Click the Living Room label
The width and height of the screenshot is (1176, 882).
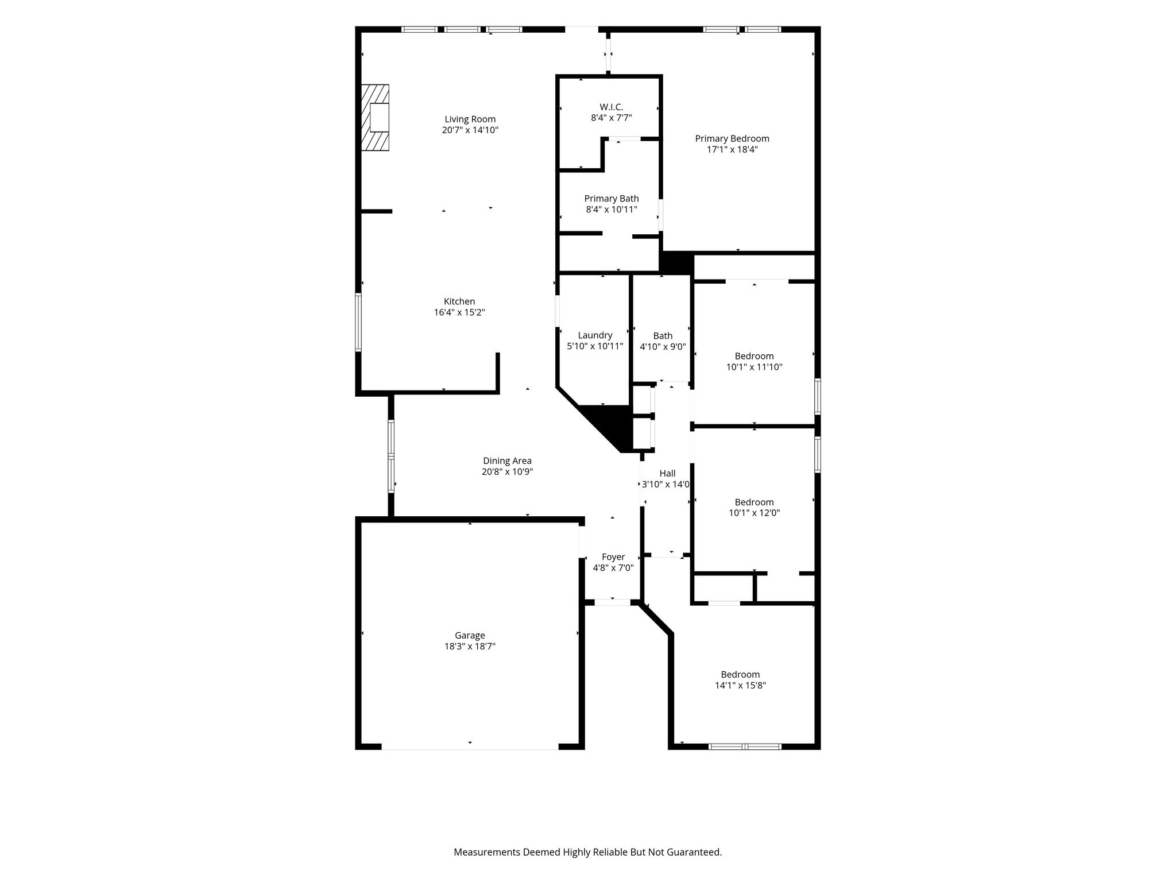(x=470, y=119)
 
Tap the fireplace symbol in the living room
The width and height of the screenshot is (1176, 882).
(x=375, y=118)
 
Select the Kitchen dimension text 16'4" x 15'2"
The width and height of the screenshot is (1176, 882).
(x=459, y=312)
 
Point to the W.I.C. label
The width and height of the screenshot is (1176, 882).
(x=611, y=107)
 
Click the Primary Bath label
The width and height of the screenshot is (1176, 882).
(x=612, y=199)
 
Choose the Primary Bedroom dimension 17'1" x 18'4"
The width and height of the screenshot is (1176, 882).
(x=732, y=149)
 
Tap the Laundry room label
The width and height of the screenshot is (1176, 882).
(x=595, y=335)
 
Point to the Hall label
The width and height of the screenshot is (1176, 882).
(x=667, y=474)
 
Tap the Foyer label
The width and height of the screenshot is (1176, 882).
(x=613, y=557)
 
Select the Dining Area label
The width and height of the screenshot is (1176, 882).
(x=507, y=461)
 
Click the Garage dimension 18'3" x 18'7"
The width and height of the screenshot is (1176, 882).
(x=470, y=646)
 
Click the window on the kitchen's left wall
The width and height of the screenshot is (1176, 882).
(x=358, y=322)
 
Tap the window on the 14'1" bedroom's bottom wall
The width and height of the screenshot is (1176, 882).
(x=745, y=746)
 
